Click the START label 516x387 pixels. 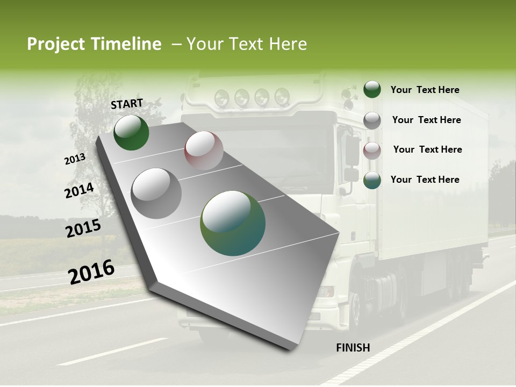click(x=127, y=104)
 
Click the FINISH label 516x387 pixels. click(x=353, y=348)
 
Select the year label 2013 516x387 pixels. click(x=75, y=159)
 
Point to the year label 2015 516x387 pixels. click(x=83, y=228)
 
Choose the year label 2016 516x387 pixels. click(x=91, y=272)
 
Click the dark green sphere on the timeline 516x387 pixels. click(x=131, y=132)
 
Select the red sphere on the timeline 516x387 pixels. click(x=204, y=150)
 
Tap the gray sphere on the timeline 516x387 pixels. click(x=156, y=193)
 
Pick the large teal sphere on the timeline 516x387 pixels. click(x=233, y=223)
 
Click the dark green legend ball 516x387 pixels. click(x=372, y=89)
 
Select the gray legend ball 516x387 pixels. click(x=372, y=120)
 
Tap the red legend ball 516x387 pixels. click(x=372, y=150)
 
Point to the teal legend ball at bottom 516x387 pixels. click(x=372, y=180)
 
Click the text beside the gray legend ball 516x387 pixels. click(x=426, y=120)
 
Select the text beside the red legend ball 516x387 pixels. click(x=427, y=149)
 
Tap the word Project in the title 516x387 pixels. click(x=56, y=44)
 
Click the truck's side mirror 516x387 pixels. click(x=352, y=150)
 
